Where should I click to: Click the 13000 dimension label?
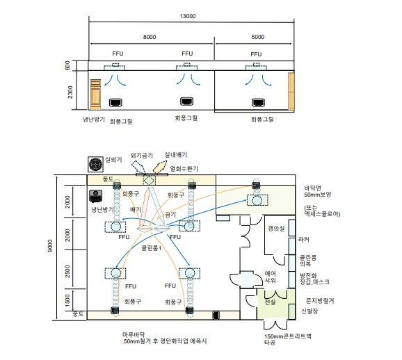tap(188, 16)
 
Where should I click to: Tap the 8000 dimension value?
tap(150, 37)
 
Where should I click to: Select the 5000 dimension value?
tap(257, 37)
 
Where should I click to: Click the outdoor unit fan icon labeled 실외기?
tap(95, 164)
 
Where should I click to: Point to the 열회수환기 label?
tap(184, 169)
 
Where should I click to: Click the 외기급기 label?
tap(141, 155)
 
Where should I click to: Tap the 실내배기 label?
tap(176, 155)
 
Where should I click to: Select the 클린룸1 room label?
tap(151, 248)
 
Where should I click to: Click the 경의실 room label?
tap(276, 228)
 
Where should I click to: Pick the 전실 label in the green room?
tap(271, 302)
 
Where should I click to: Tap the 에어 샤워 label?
tap(271, 277)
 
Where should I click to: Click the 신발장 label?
tap(309, 311)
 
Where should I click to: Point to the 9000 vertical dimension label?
tap(50, 246)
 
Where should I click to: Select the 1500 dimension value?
tap(67, 300)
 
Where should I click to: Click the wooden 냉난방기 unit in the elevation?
tap(95, 95)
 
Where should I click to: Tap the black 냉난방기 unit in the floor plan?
tap(95, 196)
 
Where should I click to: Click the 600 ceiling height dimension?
tap(67, 65)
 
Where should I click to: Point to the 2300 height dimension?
tap(70, 92)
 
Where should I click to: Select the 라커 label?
tap(304, 240)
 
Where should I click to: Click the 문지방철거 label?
tap(320, 300)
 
